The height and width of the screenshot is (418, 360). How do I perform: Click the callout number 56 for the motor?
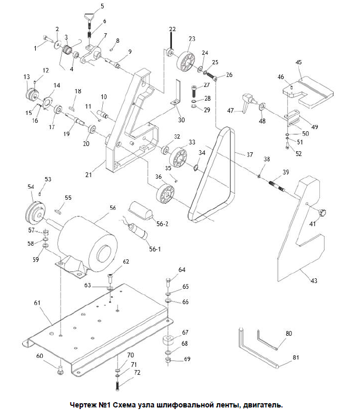click(x=113, y=208)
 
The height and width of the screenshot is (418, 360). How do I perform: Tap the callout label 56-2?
click(x=162, y=223)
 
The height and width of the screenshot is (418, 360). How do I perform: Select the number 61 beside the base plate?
click(x=37, y=303)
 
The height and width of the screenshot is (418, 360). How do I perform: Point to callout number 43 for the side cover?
click(x=314, y=280)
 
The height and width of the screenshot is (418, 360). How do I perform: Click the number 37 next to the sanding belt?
click(x=250, y=154)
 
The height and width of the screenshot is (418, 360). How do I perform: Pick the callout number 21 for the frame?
click(x=89, y=174)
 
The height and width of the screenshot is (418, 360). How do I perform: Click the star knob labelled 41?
click(x=322, y=213)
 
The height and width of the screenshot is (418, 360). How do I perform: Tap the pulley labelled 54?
click(x=36, y=213)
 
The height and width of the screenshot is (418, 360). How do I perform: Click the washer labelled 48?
click(x=262, y=107)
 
